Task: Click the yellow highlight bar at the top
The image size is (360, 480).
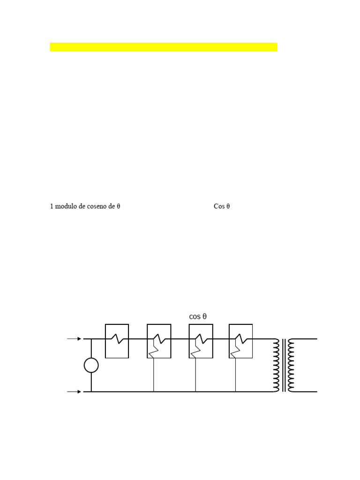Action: [163, 47]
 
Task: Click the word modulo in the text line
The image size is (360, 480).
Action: [67, 206]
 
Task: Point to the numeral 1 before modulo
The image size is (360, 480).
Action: [52, 206]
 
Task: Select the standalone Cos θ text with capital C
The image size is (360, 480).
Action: [222, 206]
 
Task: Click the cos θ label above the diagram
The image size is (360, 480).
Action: [198, 316]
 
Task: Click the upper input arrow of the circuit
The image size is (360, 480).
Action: [75, 338]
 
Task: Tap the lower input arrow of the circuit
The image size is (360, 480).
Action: [75, 391]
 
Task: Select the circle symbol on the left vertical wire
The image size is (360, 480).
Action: [91, 365]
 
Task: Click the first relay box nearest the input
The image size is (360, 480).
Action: [117, 341]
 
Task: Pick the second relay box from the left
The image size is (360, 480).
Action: [159, 341]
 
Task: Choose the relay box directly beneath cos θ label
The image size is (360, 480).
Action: [201, 341]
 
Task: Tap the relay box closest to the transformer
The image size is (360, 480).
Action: [241, 341]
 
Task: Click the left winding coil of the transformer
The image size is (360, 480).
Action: [276, 365]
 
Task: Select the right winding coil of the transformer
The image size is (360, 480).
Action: [292, 365]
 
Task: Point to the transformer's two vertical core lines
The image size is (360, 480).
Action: [284, 365]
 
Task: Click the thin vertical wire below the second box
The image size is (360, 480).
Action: [154, 375]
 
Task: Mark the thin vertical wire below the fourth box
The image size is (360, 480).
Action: [235, 375]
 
